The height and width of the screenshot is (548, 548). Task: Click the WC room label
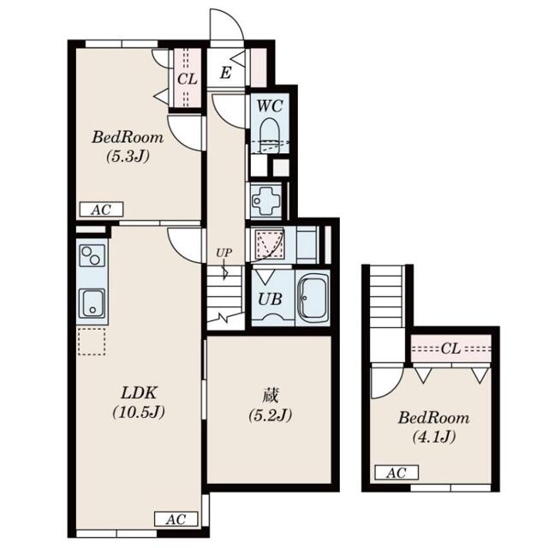click(x=270, y=105)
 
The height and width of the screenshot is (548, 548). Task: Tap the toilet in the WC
click(x=270, y=135)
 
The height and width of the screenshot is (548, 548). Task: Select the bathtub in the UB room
click(x=313, y=298)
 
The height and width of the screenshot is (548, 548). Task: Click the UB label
click(x=270, y=299)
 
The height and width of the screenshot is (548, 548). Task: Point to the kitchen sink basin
click(x=92, y=303)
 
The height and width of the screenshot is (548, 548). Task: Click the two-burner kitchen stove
click(x=92, y=255)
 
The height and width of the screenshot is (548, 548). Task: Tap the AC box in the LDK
click(x=176, y=520)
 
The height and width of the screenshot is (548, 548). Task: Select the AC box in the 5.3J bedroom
click(x=101, y=210)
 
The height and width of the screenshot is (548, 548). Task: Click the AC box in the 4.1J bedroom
click(x=396, y=473)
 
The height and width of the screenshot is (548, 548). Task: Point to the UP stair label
click(x=223, y=253)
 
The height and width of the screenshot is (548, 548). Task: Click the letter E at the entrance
click(x=226, y=73)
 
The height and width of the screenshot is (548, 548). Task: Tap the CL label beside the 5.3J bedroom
click(x=188, y=79)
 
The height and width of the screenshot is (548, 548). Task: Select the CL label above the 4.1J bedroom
click(x=451, y=348)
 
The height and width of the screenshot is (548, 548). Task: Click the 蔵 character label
click(x=271, y=396)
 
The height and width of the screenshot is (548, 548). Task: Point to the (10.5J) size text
click(x=139, y=413)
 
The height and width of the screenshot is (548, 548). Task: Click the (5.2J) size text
click(x=271, y=416)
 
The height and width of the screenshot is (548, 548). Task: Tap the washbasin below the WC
click(x=266, y=201)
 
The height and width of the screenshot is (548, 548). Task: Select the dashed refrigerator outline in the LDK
click(x=92, y=342)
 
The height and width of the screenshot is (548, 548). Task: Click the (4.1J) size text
click(x=434, y=437)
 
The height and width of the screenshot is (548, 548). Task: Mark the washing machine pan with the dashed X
click(x=269, y=243)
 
